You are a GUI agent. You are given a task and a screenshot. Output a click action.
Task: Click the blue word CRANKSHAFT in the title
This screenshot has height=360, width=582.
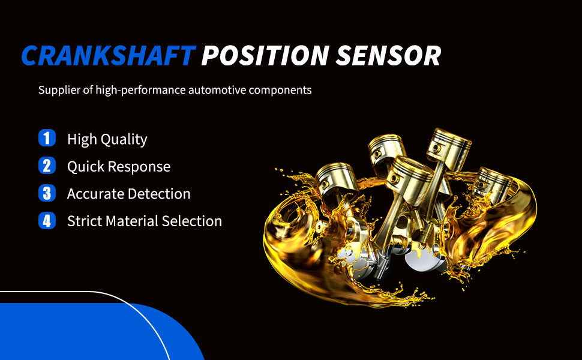(x=109, y=56)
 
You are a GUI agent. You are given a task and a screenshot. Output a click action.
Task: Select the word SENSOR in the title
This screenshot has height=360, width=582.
(x=388, y=56)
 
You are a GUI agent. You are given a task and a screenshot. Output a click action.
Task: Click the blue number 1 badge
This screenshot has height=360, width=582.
(x=47, y=138)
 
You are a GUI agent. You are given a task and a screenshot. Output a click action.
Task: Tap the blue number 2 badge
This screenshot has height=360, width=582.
(x=47, y=166)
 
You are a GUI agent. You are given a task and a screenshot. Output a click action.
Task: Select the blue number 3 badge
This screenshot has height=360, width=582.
(x=47, y=193)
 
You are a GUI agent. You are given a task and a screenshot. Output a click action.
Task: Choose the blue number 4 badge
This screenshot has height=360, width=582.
(x=47, y=220)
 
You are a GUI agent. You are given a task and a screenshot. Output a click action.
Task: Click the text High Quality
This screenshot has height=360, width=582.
(x=107, y=140)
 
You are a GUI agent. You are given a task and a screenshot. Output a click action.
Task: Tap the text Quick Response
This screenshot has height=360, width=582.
(x=119, y=167)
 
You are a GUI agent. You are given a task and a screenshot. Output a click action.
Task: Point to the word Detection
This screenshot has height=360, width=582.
(x=159, y=194)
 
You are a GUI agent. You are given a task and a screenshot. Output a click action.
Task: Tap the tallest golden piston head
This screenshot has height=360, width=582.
(x=449, y=148)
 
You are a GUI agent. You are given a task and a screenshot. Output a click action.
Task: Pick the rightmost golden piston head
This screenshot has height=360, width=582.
(x=493, y=184)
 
